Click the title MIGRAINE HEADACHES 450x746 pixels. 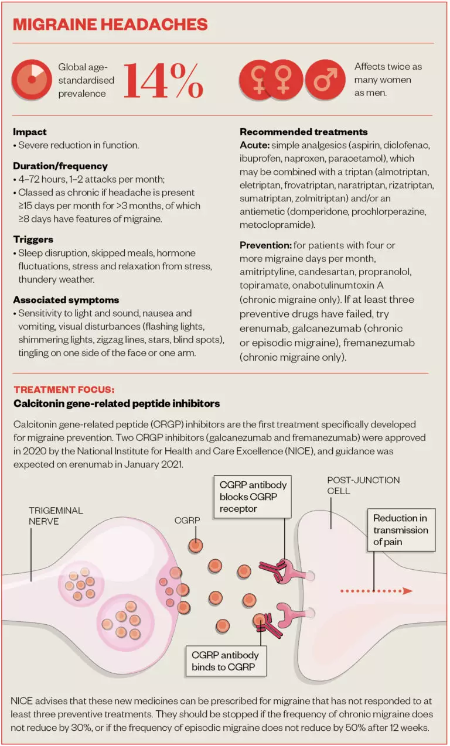(x=110, y=24)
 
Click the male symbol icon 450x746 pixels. (x=325, y=79)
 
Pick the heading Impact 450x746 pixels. (x=30, y=132)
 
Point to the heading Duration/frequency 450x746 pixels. (x=60, y=166)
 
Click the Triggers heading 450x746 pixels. (x=33, y=239)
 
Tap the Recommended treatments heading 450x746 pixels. (x=304, y=132)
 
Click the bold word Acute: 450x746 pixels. (x=254, y=144)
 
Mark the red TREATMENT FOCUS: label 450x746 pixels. (x=64, y=389)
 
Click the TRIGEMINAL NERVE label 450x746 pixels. (x=56, y=516)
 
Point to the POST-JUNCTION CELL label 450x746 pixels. (x=363, y=485)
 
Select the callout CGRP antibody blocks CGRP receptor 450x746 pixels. (x=253, y=497)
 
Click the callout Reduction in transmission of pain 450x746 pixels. (x=401, y=530)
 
